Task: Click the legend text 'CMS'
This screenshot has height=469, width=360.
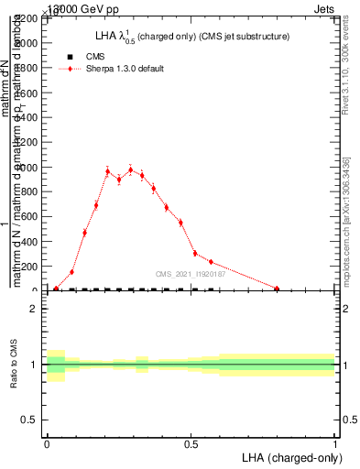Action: click(x=95, y=57)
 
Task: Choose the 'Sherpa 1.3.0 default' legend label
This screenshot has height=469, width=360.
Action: click(x=125, y=70)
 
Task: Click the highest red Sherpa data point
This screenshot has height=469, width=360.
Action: click(x=130, y=169)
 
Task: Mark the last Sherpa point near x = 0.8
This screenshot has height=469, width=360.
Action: click(x=277, y=289)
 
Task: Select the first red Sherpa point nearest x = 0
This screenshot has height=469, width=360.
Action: click(x=56, y=289)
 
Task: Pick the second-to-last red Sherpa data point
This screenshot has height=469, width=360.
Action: click(x=211, y=262)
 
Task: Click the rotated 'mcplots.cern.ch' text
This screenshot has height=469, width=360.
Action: click(x=349, y=261)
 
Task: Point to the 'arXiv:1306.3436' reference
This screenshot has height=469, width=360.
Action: click(x=349, y=188)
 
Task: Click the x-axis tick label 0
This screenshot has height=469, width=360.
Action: click(x=48, y=442)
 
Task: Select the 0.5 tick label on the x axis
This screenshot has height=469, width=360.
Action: click(x=191, y=442)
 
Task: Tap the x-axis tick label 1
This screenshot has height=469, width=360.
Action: click(x=335, y=442)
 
